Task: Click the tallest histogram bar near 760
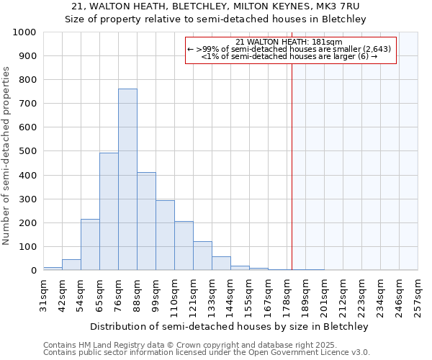(127, 179)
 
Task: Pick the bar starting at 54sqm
(90, 245)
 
